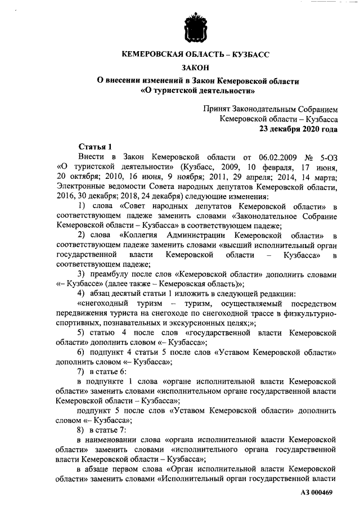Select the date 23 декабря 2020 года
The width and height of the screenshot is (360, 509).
click(x=298, y=128)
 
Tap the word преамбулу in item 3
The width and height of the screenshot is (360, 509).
click(x=112, y=275)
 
